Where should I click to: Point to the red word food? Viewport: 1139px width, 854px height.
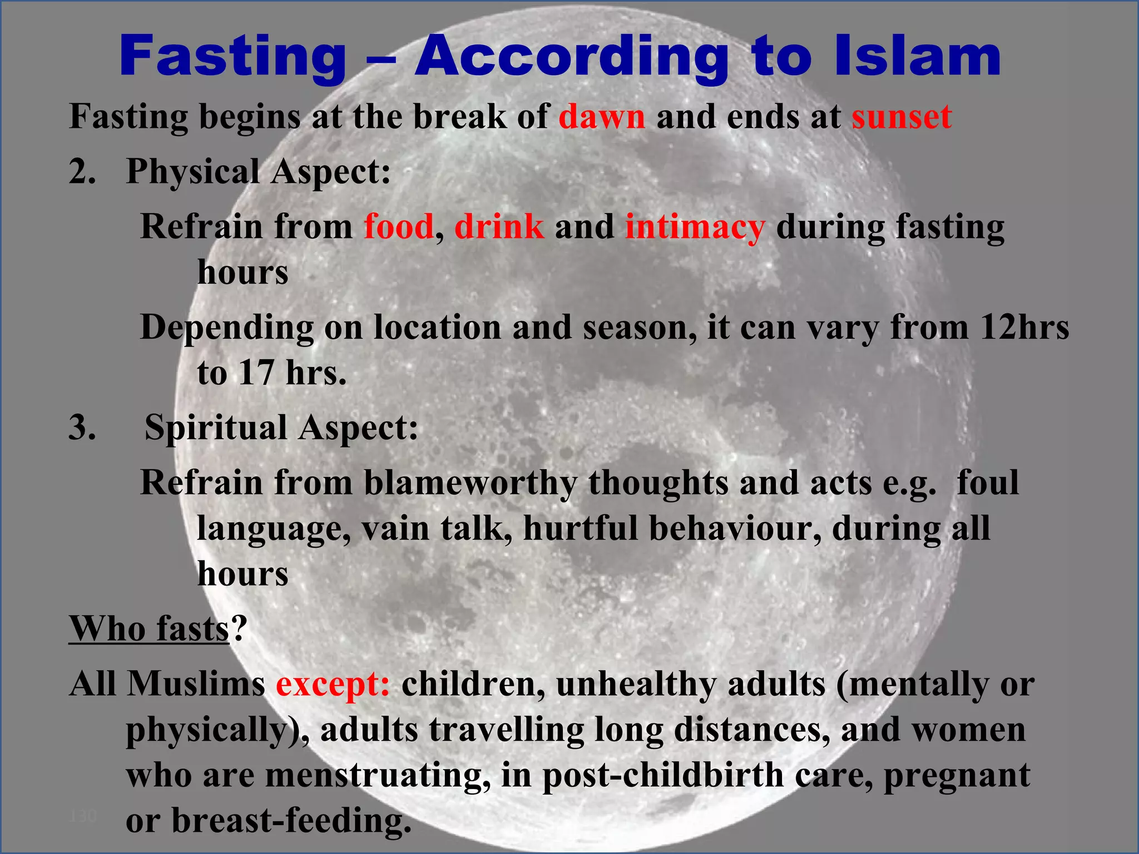[x=398, y=227]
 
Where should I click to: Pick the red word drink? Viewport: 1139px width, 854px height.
[x=499, y=227]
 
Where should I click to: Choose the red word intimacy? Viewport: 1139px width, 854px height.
[x=695, y=228]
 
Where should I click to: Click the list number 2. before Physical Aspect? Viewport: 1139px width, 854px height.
[x=82, y=171]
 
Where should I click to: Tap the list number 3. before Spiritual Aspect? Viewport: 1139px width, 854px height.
[x=82, y=428]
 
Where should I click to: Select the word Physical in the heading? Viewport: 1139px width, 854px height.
[x=192, y=172]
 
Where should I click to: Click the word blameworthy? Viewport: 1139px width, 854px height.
[x=470, y=483]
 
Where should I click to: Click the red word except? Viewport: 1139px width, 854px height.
[x=333, y=684]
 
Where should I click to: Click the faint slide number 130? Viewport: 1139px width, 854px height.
[x=83, y=816]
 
